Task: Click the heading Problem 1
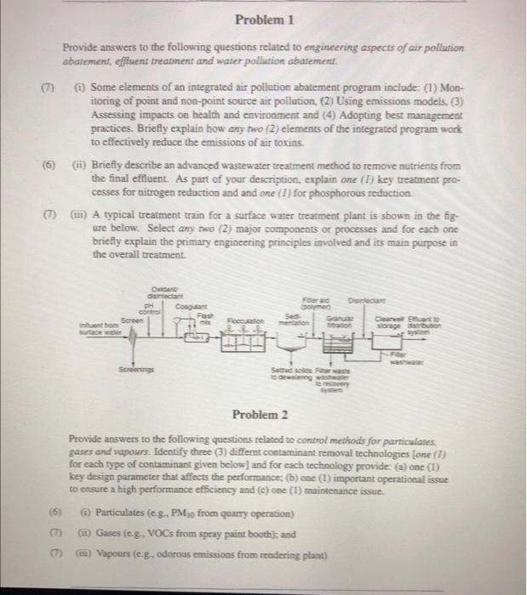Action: (263, 18)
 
